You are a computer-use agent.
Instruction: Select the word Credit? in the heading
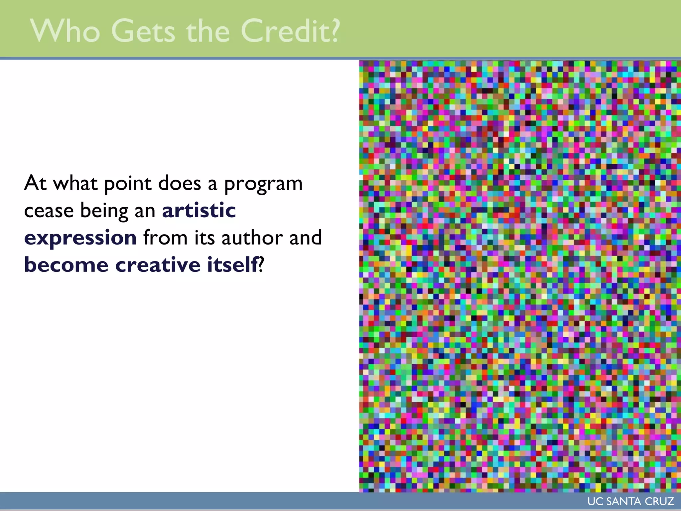290,31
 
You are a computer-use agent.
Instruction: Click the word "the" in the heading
208,31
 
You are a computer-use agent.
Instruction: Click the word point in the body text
128,184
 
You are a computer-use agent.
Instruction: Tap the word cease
49,211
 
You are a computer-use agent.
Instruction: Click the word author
252,238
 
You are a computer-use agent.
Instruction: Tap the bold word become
66,265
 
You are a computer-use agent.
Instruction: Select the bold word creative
158,265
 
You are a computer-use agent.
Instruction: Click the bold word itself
232,265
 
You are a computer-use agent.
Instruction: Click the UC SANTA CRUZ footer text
630,501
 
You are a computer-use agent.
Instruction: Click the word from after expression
165,238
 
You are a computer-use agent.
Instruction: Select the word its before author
204,238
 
